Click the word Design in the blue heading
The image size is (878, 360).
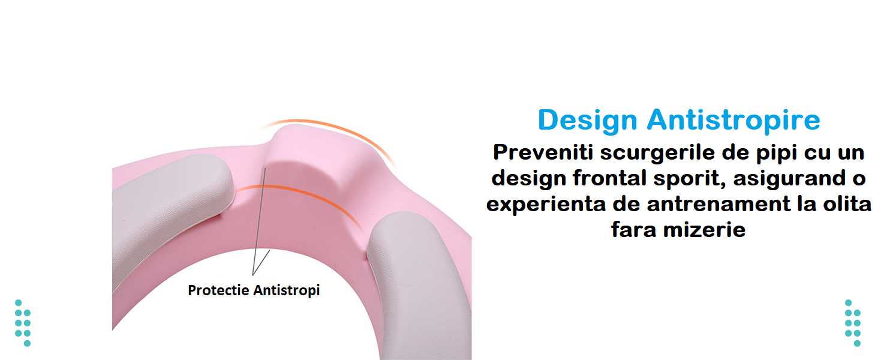(x=588, y=121)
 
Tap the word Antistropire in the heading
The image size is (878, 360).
(x=733, y=121)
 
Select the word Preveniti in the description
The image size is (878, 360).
(x=543, y=152)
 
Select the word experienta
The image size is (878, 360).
(x=546, y=205)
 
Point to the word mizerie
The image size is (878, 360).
(x=704, y=229)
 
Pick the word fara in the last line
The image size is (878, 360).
(x=633, y=229)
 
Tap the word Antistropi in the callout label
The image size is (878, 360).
(x=287, y=291)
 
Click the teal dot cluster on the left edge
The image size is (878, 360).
(x=23, y=323)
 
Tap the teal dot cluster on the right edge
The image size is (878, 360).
(x=853, y=323)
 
